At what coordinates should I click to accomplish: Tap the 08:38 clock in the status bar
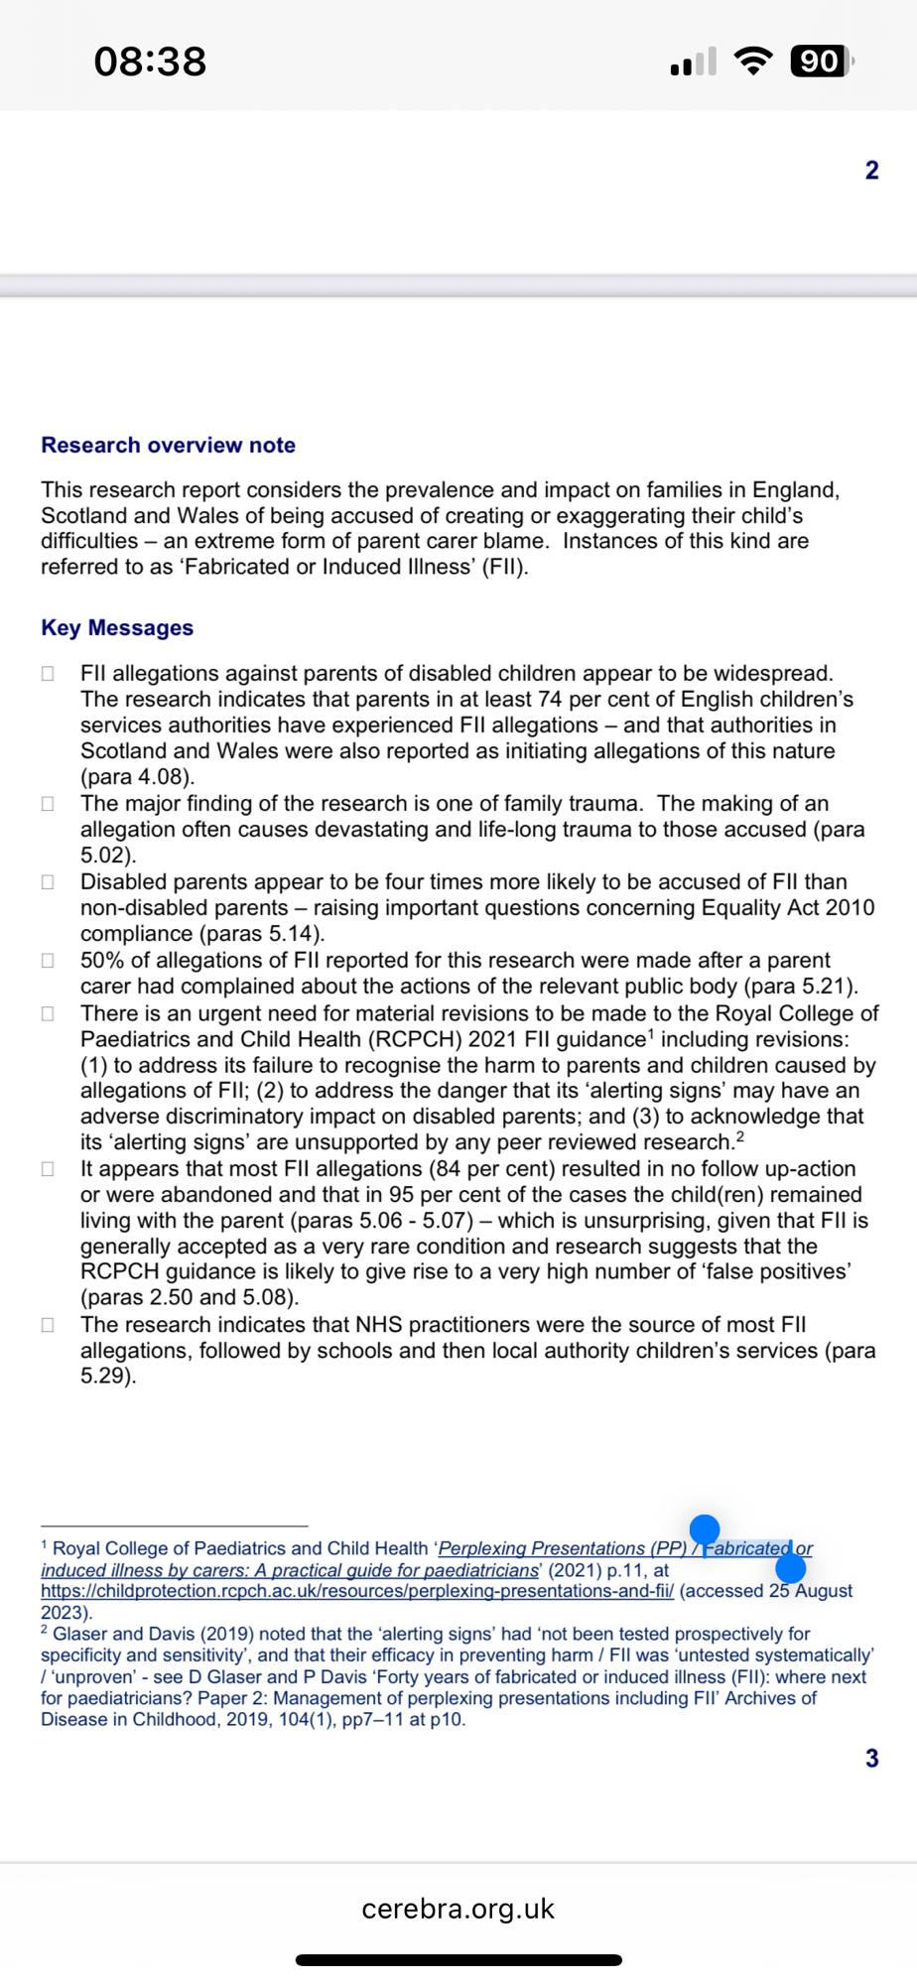point(150,62)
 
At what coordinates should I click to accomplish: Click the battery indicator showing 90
point(821,62)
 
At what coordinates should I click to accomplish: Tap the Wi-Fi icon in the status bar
point(753,62)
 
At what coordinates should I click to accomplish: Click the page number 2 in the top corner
point(871,171)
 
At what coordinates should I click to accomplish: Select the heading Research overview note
point(168,446)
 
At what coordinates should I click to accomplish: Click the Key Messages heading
point(117,628)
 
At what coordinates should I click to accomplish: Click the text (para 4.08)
point(137,777)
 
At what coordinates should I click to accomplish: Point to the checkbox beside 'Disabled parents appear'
point(48,882)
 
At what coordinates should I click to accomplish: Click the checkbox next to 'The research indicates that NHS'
point(48,1325)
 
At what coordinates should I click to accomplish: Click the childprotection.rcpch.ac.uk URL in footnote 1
point(357,1591)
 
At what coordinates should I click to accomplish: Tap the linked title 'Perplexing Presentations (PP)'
point(562,1548)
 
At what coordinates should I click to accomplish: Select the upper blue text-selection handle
point(705,1529)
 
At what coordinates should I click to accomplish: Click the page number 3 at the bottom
point(871,1759)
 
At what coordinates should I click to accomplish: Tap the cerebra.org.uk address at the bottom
point(458,1909)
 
